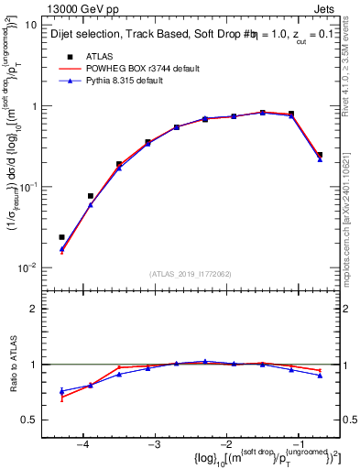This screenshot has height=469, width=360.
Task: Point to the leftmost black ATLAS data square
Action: (61, 237)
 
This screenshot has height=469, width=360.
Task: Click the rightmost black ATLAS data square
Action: (320, 155)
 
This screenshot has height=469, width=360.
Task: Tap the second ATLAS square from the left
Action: (91, 196)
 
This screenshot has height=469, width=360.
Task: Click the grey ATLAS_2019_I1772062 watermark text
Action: (192, 274)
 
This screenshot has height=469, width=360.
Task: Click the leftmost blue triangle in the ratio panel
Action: (61, 391)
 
